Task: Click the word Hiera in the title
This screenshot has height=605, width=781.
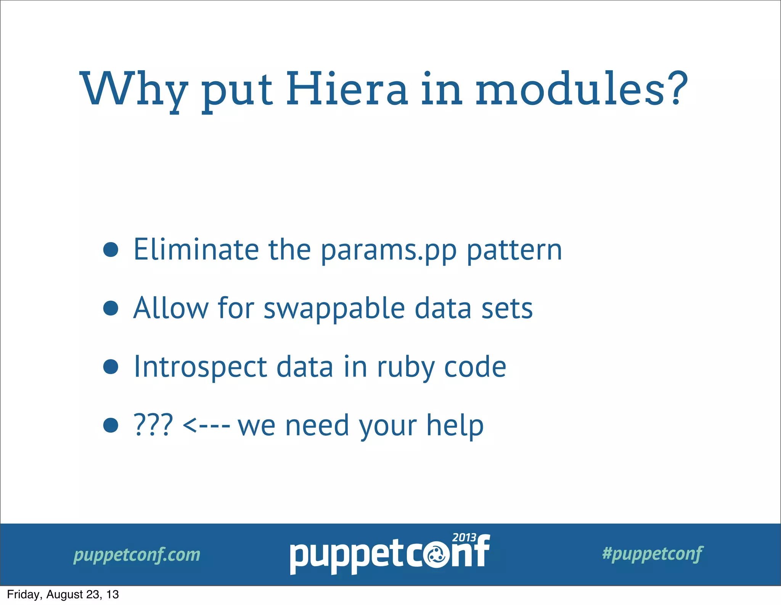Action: [x=347, y=90]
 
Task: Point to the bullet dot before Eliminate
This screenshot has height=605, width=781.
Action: [x=111, y=250]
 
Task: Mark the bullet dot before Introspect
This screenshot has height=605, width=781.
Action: [x=111, y=367]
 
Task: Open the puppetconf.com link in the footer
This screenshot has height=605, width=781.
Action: [x=137, y=555]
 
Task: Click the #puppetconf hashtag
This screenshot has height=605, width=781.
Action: [x=652, y=554]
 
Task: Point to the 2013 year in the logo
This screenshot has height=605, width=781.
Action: [x=464, y=538]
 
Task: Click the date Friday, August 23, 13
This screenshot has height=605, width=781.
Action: [x=63, y=595]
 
